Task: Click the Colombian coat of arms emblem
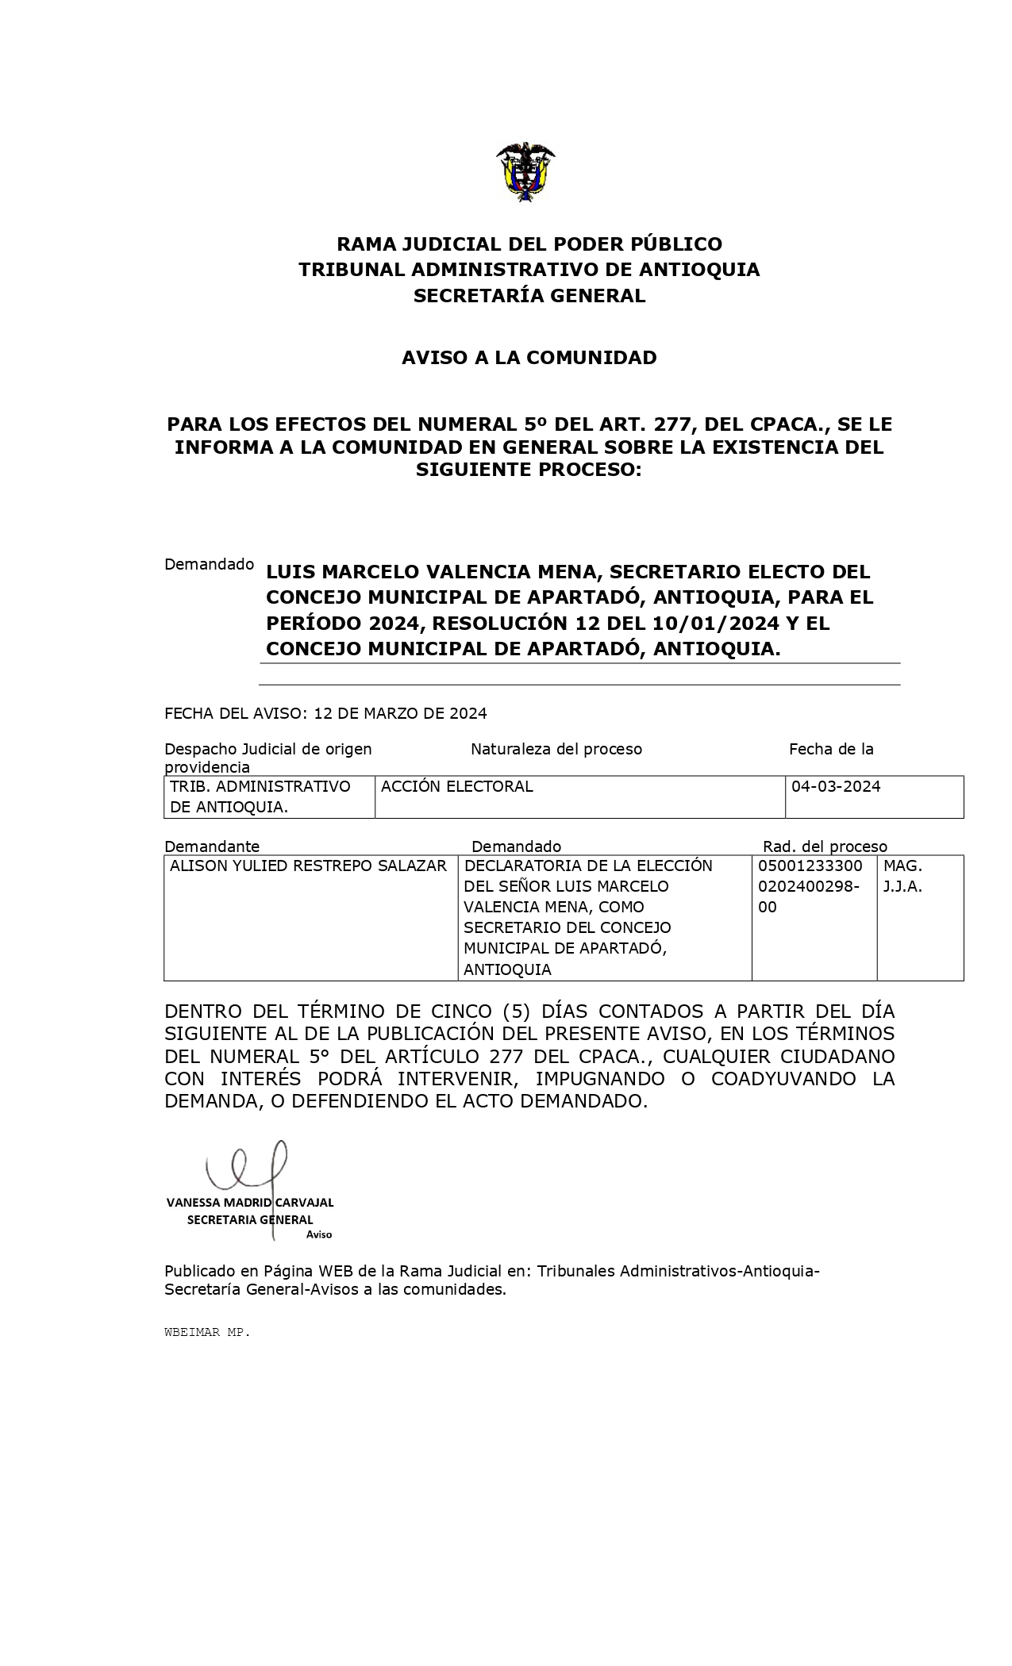(x=525, y=171)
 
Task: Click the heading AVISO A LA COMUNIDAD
(x=529, y=358)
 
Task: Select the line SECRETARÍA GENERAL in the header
(x=529, y=296)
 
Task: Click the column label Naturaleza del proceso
(x=556, y=749)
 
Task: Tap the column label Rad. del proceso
(x=825, y=846)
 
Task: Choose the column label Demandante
(x=212, y=846)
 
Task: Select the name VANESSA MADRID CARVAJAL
(x=250, y=1203)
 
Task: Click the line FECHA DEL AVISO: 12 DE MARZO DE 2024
(x=325, y=713)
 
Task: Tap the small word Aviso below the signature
(x=319, y=1234)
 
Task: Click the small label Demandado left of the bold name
(x=209, y=564)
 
